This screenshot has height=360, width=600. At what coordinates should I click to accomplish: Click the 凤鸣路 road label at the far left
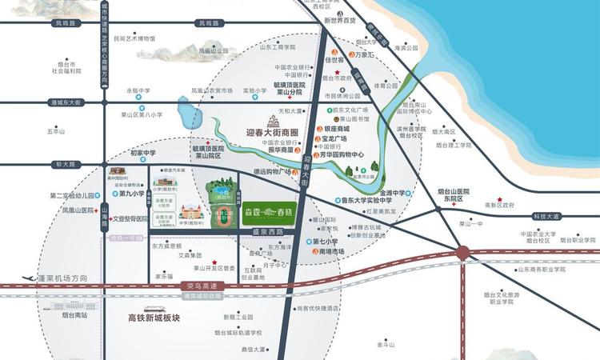pyautogui.click(x=66, y=24)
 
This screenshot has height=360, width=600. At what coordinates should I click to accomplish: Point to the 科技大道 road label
pyautogui.click(x=546, y=216)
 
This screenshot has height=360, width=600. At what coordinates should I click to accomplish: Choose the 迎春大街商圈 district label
pyautogui.click(x=271, y=133)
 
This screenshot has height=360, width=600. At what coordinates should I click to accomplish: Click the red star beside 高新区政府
pyautogui.click(x=499, y=199)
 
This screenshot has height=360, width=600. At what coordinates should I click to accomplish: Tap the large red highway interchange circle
pyautogui.click(x=462, y=254)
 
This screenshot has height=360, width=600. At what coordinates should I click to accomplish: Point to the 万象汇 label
pyautogui.click(x=365, y=57)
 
